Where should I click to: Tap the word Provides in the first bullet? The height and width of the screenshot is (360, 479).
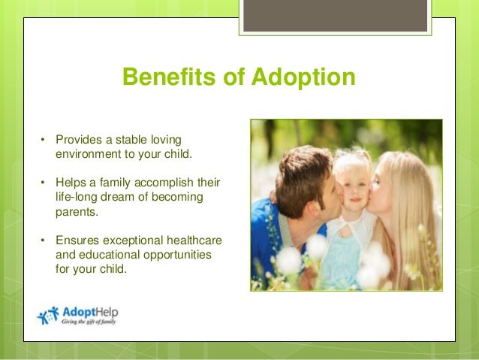(79, 140)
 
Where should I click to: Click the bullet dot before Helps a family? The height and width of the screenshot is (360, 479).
(44, 183)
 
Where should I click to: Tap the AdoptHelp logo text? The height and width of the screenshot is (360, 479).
(90, 311)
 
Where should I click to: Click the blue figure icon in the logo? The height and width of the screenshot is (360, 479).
(48, 315)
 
